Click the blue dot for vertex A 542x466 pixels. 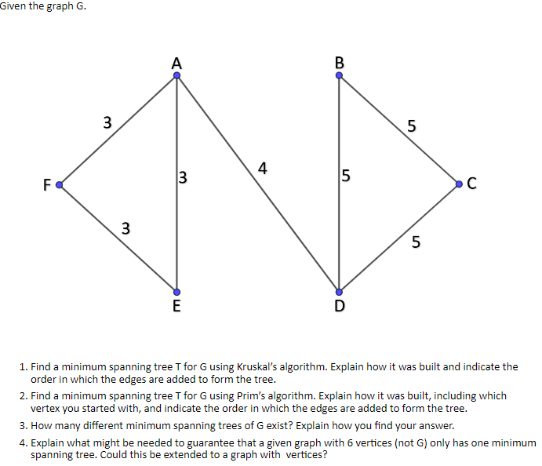click(x=177, y=75)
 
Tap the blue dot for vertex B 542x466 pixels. click(x=339, y=75)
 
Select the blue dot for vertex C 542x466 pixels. click(x=459, y=184)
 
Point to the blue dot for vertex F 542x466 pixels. click(x=58, y=185)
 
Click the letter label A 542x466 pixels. click(x=176, y=63)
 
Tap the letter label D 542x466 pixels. click(x=339, y=305)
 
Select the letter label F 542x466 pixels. click(x=46, y=185)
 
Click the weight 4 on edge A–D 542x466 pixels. click(x=262, y=167)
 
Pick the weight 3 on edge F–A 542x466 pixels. click(x=107, y=122)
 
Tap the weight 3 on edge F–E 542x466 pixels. click(x=125, y=228)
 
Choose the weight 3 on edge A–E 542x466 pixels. click(x=183, y=177)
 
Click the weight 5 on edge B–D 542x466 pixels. click(x=346, y=177)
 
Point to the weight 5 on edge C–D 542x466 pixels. click(x=416, y=241)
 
